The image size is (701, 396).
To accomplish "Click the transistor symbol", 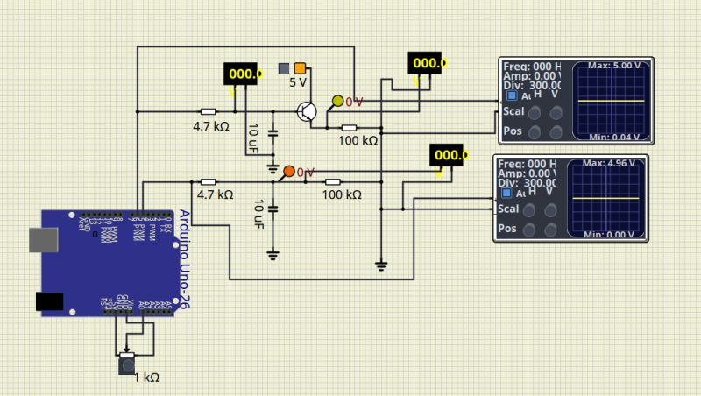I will pyautogui.click(x=306, y=111).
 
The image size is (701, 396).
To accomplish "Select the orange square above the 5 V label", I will pyautogui.click(x=300, y=68).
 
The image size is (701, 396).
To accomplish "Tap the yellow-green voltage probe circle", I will pyautogui.click(x=337, y=101).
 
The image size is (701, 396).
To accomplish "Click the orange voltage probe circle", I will pyautogui.click(x=288, y=171).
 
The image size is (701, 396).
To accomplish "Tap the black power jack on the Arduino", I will pyautogui.click(x=49, y=301).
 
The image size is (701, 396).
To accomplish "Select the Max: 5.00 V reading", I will pyautogui.click(x=613, y=66).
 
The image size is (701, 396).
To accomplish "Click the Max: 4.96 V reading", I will pyautogui.click(x=612, y=164).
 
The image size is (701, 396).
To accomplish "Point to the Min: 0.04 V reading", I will pyautogui.click(x=613, y=138).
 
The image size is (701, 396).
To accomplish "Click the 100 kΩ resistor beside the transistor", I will pyautogui.click(x=349, y=129).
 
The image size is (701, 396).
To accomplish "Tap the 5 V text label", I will pyautogui.click(x=298, y=83).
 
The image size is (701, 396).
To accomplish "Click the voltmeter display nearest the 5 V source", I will pyautogui.click(x=243, y=74).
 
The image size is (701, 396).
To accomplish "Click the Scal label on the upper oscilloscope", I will pyautogui.click(x=512, y=112).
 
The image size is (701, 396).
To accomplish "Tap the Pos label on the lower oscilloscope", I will pyautogui.click(x=507, y=229).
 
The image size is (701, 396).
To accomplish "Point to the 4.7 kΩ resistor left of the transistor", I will pyautogui.click(x=208, y=112).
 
